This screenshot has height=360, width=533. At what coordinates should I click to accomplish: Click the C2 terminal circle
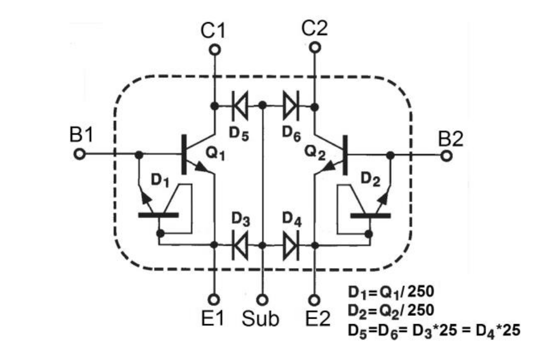314,48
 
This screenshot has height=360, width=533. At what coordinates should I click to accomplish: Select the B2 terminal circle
447,156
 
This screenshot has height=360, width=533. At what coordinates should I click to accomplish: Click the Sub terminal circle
263,299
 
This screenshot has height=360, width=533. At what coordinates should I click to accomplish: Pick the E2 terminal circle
314,299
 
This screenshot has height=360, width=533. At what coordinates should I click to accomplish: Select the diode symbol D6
289,104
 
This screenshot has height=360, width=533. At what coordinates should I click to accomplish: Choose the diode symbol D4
289,244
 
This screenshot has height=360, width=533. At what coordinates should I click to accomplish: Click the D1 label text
160,180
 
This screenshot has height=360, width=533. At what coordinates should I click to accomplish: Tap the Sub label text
261,319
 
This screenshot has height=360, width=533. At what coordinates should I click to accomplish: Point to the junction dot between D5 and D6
263,104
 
